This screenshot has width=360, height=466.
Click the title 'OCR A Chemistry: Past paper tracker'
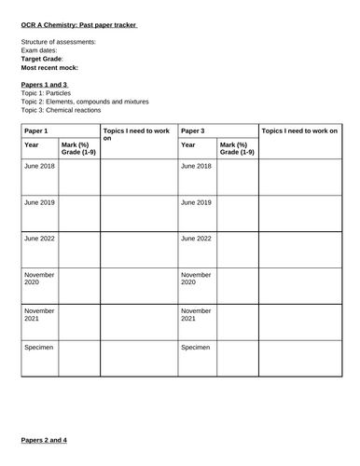pos(79,25)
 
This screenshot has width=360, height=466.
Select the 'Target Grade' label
pos(42,59)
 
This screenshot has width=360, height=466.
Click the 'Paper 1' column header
pos(38,131)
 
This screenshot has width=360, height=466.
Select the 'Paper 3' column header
pos(195,131)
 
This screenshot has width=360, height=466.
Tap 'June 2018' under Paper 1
pos(40,166)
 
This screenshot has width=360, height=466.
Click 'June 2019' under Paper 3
pos(197,202)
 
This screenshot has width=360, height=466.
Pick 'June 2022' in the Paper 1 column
pos(40,239)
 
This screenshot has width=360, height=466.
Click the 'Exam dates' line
pos(41,50)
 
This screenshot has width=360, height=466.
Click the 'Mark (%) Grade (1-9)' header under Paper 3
pos(237,147)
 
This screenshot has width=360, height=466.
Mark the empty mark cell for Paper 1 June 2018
pos(79,176)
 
